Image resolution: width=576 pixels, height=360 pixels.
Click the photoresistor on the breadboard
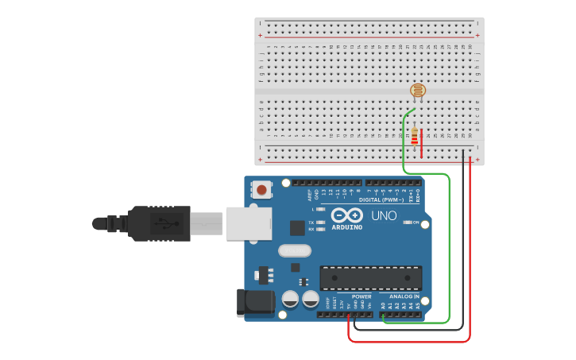click(418, 91)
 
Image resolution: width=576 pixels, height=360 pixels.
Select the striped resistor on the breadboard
click(414, 137)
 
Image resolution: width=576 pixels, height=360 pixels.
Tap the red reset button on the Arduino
click(261, 189)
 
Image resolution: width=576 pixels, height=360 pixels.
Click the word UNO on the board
click(384, 215)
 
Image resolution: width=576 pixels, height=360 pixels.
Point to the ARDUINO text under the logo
click(346, 227)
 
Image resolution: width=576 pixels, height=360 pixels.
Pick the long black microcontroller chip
click(370, 277)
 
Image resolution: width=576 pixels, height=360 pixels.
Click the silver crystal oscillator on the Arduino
click(295, 250)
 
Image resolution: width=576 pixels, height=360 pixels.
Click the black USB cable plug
click(159, 223)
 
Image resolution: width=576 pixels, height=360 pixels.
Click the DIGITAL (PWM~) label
click(381, 199)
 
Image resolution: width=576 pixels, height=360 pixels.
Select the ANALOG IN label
click(404, 296)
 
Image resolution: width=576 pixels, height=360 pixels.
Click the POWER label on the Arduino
click(361, 296)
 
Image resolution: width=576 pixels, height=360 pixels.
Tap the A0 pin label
click(384, 305)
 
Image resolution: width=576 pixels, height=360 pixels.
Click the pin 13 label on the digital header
click(323, 192)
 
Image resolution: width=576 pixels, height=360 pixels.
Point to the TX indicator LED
click(320, 223)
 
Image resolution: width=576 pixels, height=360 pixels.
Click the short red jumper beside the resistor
click(422, 143)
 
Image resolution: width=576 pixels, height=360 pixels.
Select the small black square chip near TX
click(297, 228)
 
